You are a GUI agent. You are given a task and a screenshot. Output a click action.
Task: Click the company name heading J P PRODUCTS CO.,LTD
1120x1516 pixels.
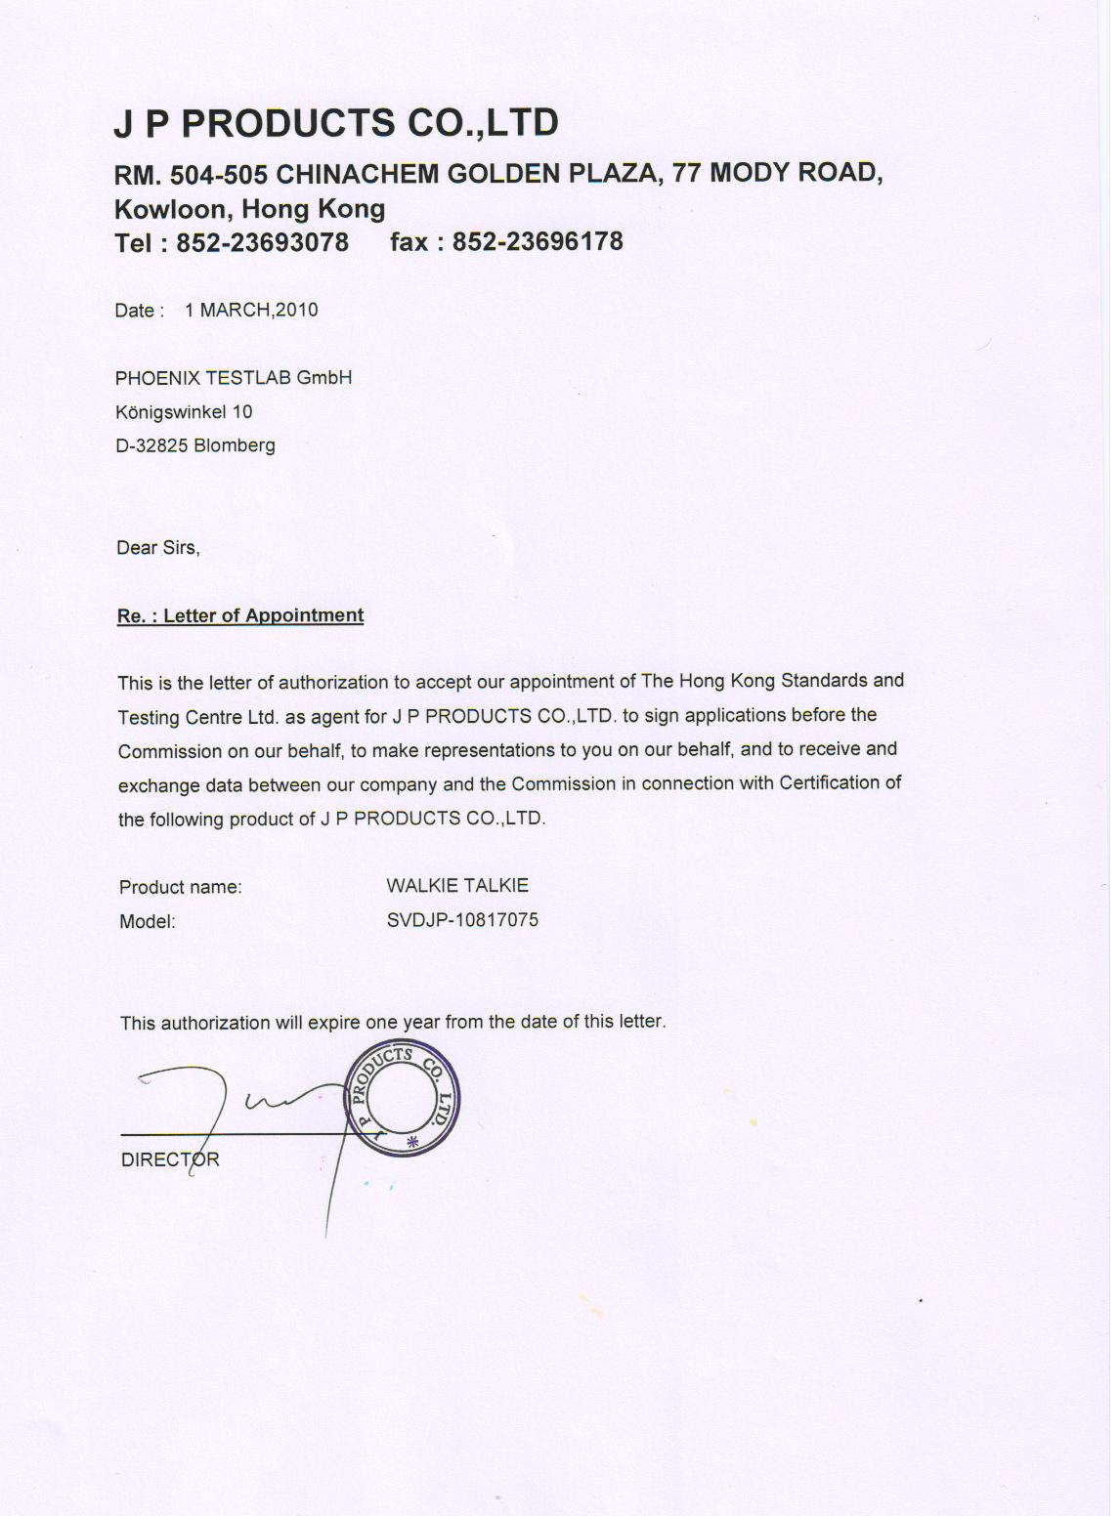coord(336,123)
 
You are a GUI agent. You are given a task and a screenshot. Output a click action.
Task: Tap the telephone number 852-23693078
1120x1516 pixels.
coord(262,242)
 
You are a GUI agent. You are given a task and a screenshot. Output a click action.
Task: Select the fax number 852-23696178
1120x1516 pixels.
coord(538,241)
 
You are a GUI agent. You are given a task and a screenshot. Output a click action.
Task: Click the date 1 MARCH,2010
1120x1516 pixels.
coord(251,310)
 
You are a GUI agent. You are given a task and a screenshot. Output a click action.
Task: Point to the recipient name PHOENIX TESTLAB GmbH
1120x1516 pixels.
coord(234,378)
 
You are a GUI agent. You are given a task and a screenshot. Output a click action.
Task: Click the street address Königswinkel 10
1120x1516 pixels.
coord(184,412)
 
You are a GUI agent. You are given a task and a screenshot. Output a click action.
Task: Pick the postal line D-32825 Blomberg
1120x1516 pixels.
coord(195,445)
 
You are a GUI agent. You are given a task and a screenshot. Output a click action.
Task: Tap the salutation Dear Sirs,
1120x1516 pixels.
coord(158,548)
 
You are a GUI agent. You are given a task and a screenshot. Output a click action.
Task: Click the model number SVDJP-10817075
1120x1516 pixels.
coord(462,920)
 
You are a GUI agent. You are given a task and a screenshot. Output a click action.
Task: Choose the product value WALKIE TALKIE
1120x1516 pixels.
coord(457,886)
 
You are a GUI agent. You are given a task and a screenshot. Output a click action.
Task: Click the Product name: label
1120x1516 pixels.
coord(180,888)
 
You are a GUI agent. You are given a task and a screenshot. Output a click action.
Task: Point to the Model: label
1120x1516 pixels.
coord(147,921)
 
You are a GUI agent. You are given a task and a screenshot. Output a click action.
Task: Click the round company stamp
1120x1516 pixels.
coord(403,1101)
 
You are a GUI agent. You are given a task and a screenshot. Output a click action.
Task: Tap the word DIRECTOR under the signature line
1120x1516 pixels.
coord(170,1160)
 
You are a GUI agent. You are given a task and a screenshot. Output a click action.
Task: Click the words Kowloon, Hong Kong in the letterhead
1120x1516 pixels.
coord(250,209)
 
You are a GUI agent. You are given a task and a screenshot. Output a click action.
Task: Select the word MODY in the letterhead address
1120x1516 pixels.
coord(750,173)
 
